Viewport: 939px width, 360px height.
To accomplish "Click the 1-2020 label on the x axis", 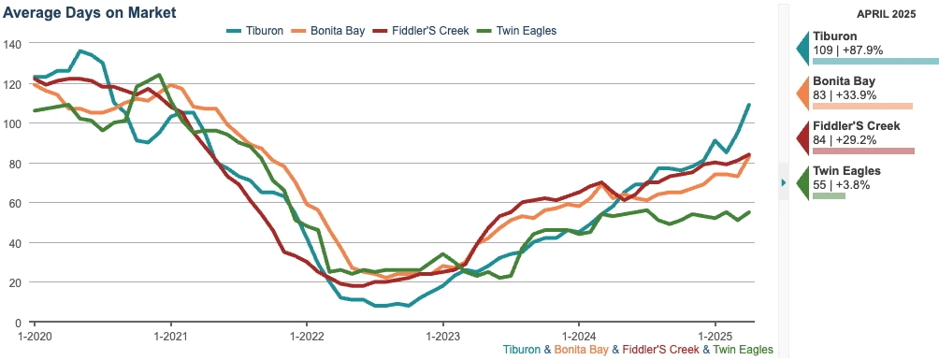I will click(34, 334).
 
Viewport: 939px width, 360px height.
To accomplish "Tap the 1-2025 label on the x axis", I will click(715, 334).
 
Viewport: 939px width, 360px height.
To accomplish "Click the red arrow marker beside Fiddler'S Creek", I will click(802, 137).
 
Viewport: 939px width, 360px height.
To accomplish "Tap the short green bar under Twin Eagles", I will click(829, 195).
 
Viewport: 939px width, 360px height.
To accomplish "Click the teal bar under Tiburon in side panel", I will click(875, 61).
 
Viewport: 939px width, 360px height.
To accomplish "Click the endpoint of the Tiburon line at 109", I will click(749, 105).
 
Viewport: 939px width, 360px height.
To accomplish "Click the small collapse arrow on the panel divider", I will click(783, 182).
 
